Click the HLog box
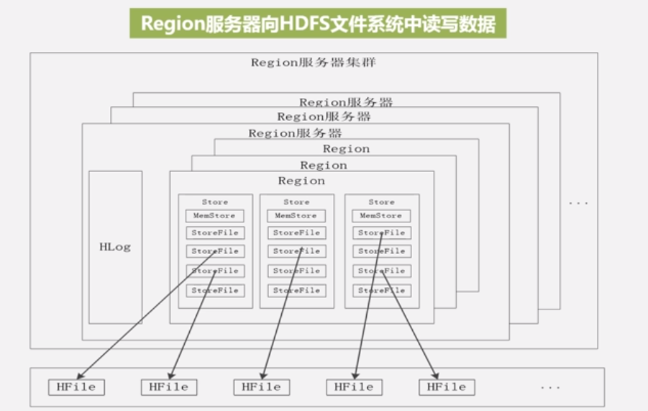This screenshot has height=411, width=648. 115,247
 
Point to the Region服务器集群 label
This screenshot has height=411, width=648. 313,63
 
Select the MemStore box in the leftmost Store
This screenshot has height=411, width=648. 215,215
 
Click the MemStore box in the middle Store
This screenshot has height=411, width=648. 296,215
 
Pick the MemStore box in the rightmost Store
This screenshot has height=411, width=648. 381,215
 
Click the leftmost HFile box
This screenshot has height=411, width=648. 76,387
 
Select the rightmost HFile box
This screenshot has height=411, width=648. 446,387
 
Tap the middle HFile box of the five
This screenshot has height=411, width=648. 261,387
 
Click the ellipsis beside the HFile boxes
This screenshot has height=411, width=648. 549,387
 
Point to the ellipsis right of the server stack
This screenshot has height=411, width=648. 578,203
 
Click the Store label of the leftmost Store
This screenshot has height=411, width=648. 215,202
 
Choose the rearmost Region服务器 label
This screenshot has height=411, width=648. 346,102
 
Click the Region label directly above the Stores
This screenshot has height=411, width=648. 301,181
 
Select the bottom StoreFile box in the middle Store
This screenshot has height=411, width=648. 296,291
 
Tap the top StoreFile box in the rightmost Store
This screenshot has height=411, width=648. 381,233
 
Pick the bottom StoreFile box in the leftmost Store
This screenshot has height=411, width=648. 215,291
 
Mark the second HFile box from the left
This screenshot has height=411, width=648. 168,387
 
